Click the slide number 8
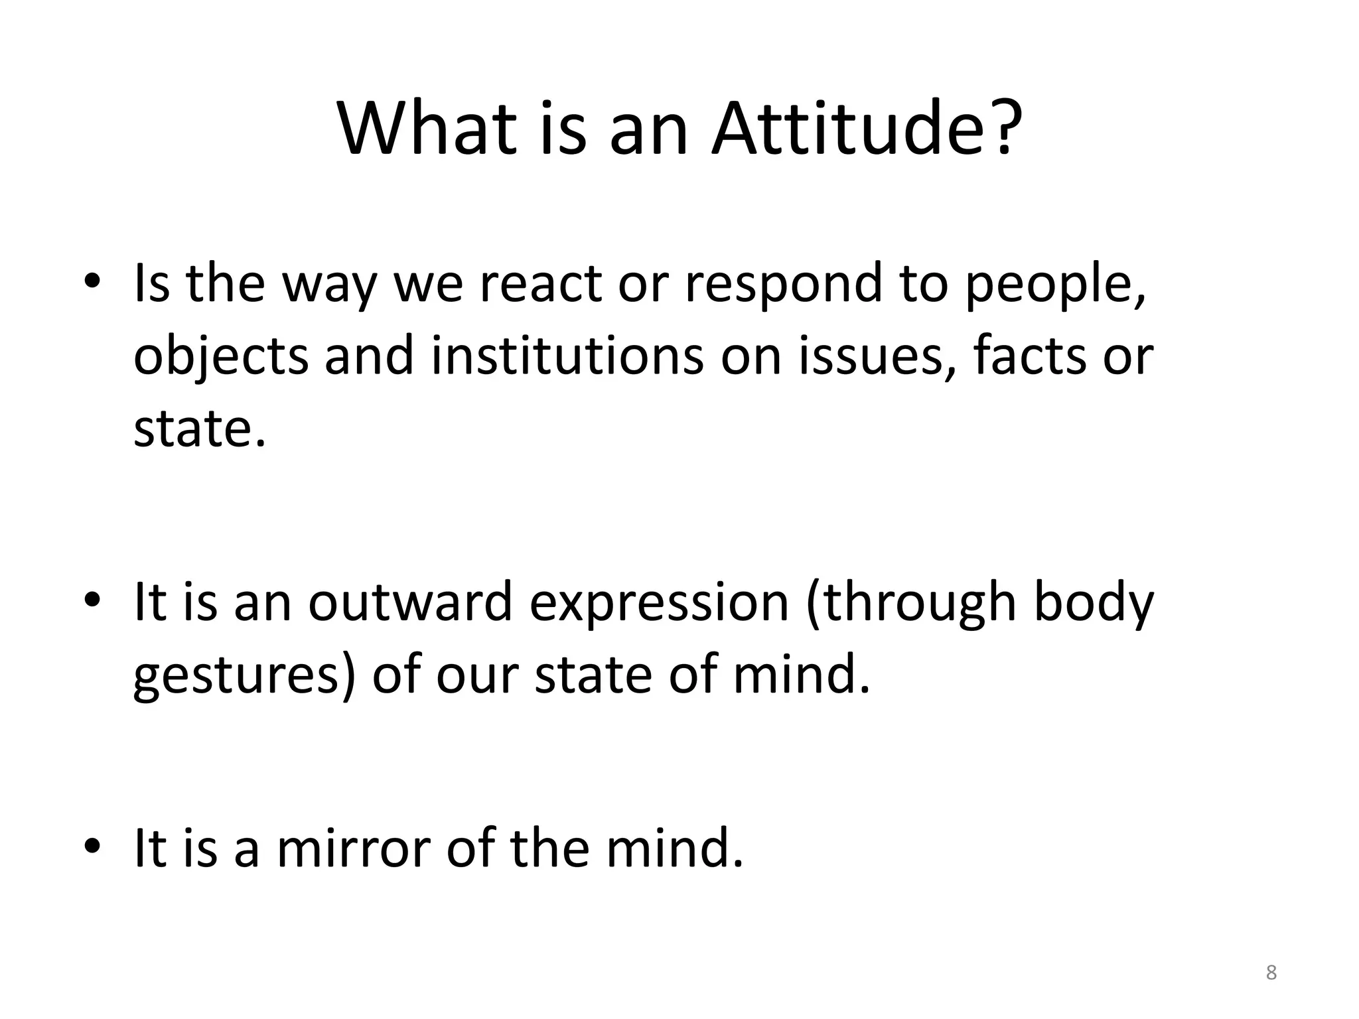pyautogui.click(x=1271, y=973)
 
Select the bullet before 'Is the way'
pyautogui.click(x=92, y=281)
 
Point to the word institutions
pyautogui.click(x=567, y=356)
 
